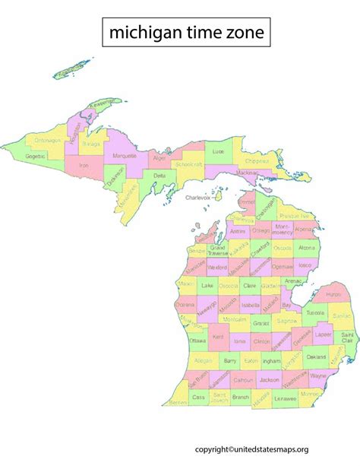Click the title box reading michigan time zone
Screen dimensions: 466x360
[185, 32]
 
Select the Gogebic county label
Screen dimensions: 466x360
[35, 155]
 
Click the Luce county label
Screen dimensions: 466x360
[219, 152]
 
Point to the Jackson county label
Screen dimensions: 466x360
[269, 378]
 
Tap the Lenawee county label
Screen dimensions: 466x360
[286, 398]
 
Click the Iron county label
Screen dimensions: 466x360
[84, 164]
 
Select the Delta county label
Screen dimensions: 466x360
[159, 176]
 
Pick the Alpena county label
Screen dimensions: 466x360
[303, 228]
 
